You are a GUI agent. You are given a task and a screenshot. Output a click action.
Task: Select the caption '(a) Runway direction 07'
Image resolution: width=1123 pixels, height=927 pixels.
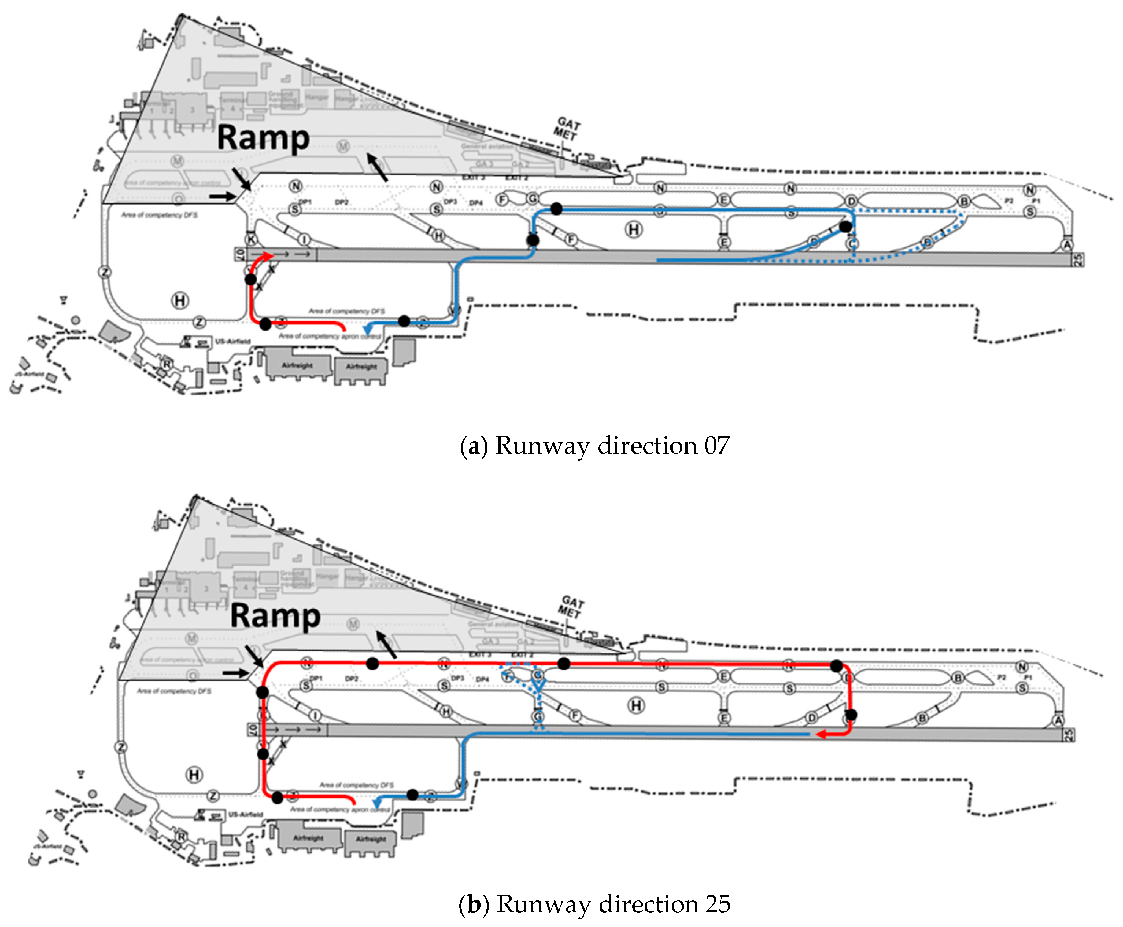pyautogui.click(x=594, y=445)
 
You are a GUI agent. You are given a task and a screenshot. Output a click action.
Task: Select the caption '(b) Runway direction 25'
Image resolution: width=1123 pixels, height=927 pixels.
pyautogui.click(x=594, y=903)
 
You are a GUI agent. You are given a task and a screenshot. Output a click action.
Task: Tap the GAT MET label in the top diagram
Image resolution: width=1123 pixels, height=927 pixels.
pyautogui.click(x=566, y=129)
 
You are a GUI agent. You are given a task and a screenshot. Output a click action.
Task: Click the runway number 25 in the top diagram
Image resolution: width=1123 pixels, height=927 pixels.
pyautogui.click(x=1077, y=260)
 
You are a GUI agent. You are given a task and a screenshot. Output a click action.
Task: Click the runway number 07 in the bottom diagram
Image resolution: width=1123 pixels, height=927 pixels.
pyautogui.click(x=252, y=729)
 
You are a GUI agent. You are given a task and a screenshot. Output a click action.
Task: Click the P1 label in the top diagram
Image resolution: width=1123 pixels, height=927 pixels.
pyautogui.click(x=1035, y=201)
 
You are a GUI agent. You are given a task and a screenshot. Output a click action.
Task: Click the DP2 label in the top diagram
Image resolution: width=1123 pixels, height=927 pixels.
pyautogui.click(x=342, y=202)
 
